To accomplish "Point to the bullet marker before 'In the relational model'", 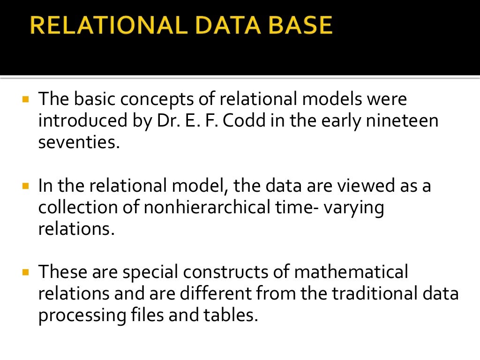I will (x=26, y=186).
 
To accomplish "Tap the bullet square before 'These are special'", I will (x=26, y=272).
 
